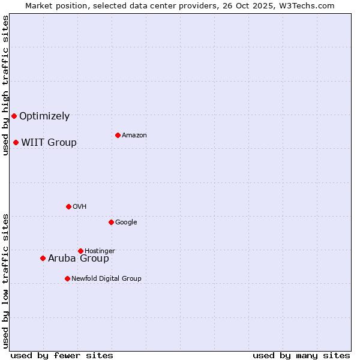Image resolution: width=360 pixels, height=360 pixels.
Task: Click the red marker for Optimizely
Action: click(14, 116)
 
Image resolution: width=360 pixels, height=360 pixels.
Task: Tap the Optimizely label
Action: click(44, 116)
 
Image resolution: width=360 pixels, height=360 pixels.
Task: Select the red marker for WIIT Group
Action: click(16, 142)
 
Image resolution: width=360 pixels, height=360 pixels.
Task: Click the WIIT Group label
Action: click(49, 143)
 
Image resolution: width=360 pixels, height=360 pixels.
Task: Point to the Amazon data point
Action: click(118, 135)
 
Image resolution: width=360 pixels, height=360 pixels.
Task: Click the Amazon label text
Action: click(134, 136)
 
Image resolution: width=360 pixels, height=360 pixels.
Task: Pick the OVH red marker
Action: click(68, 206)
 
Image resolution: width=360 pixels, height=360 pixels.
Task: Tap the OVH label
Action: click(80, 207)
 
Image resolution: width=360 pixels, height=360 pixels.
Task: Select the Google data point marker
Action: click(111, 222)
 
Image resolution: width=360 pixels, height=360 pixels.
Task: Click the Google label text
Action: click(126, 223)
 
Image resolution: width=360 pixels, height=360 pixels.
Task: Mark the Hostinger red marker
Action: click(80, 251)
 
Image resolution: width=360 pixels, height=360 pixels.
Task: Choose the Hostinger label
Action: click(100, 251)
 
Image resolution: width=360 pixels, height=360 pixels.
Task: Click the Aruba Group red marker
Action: click(43, 258)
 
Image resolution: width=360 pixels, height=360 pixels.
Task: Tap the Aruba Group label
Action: click(79, 259)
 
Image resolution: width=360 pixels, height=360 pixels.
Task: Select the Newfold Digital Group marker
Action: click(67, 278)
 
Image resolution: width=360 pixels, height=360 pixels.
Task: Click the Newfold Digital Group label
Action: click(106, 279)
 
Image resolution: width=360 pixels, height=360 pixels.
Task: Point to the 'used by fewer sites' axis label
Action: click(62, 355)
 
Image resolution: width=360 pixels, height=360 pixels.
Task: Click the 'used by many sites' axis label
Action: click(301, 355)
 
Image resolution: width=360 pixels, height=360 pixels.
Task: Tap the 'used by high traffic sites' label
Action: click(5, 85)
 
